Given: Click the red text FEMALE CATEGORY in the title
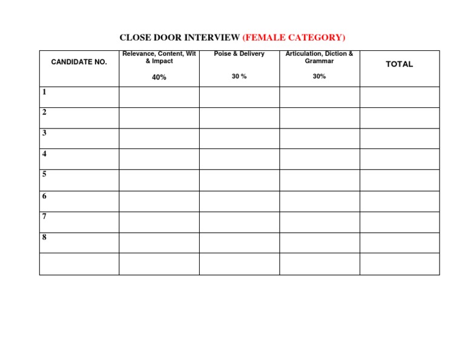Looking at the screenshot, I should coord(294,38).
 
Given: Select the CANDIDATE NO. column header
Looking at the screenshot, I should coord(79,62).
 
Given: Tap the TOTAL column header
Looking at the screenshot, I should coord(399,64).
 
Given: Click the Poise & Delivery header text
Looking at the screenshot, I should coord(239,54).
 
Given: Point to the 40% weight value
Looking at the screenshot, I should coord(159,78).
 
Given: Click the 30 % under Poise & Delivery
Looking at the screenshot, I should coord(239,76).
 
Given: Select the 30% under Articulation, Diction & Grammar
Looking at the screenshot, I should coord(319,76).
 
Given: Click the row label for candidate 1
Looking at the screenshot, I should coord(44,92).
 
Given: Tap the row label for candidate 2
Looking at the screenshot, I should coord(44,112).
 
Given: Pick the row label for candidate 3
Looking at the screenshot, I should coord(44,133).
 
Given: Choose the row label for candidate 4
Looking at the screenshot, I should coord(44,154).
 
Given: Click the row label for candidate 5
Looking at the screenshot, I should coord(44,174).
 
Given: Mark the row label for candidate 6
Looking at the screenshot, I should coord(44,196).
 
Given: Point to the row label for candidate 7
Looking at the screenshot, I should coord(44,216).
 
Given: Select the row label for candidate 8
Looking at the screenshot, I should coord(44,237).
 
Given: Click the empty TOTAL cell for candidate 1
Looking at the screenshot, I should coord(399,97).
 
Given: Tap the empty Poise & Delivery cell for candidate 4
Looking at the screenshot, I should coord(239,159).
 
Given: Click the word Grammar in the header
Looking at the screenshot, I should coord(319,61).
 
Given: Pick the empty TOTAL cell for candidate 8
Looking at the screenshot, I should coord(399,242).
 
